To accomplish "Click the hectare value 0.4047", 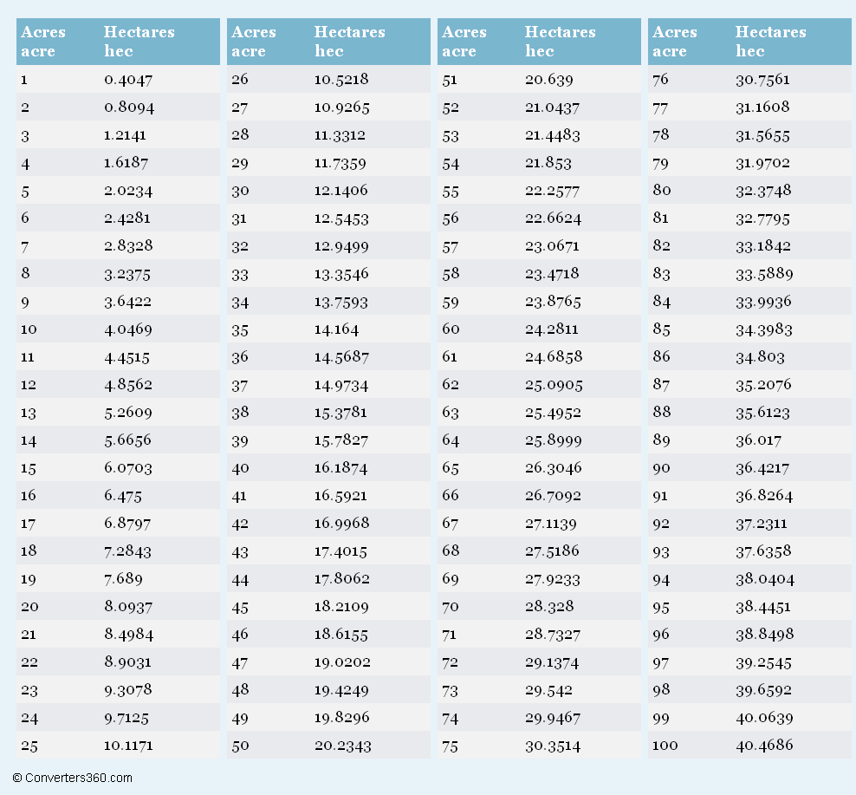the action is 128,80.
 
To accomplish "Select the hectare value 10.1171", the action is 128,746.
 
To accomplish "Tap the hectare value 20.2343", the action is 343,746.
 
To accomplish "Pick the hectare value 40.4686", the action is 764,745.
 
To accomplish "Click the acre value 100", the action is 665,745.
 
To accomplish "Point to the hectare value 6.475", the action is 123,496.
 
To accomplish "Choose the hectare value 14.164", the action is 336,329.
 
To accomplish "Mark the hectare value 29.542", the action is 548,690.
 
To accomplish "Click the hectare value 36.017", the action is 758,440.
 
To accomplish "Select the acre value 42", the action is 240,524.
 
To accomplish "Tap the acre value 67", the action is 451,524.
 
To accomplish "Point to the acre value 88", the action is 662,412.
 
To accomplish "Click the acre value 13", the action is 29,413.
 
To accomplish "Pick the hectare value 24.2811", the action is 551,329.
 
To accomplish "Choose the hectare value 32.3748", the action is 763,191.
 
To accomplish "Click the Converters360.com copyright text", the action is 72,778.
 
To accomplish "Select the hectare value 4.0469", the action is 128,329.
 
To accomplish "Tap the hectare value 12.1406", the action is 341,191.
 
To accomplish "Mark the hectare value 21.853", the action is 548,163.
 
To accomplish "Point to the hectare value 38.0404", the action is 765,578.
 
